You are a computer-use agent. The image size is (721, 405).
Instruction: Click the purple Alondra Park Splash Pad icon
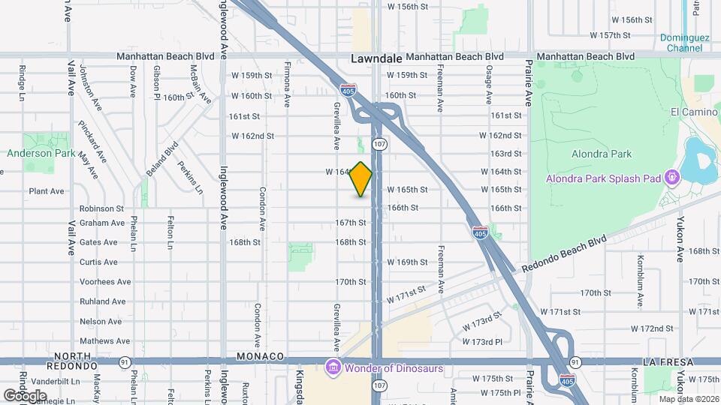pyautogui.click(x=671, y=178)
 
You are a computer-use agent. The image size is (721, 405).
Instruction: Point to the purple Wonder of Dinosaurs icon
pyautogui.click(x=333, y=367)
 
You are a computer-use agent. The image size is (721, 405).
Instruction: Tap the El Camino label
pyautogui.click(x=695, y=112)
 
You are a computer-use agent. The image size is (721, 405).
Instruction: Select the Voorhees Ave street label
pyautogui.click(x=105, y=282)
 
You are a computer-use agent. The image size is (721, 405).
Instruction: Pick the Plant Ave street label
pyautogui.click(x=47, y=191)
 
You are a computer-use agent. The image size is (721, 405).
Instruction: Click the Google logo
pyautogui.click(x=25, y=394)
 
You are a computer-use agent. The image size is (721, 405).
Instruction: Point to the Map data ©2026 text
pyautogui.click(x=687, y=398)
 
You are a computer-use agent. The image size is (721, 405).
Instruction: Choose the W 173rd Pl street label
pyautogui.click(x=481, y=342)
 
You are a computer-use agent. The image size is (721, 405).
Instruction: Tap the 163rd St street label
pyautogui.click(x=505, y=153)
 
